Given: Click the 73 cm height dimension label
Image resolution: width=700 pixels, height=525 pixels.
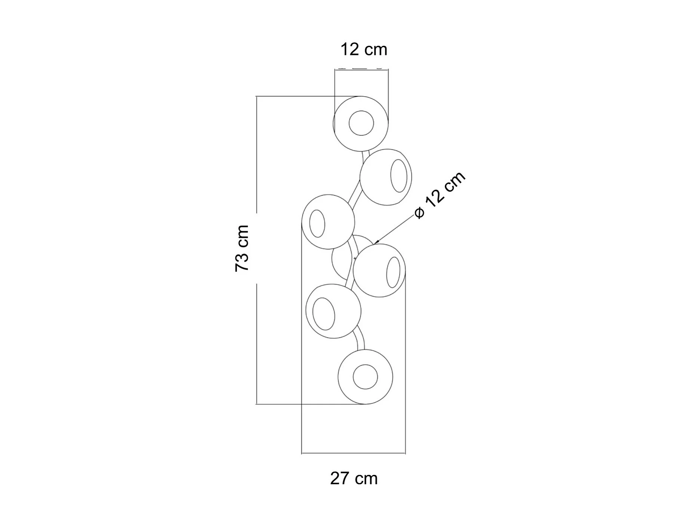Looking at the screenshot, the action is (242, 249).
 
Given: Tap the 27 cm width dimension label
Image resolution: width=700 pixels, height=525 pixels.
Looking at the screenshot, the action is (354, 479).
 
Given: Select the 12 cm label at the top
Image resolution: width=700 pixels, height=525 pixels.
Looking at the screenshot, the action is (364, 50).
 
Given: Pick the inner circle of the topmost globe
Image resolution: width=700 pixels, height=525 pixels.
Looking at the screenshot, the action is (361, 123).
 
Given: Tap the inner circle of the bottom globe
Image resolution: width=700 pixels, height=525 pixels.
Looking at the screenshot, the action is (365, 377).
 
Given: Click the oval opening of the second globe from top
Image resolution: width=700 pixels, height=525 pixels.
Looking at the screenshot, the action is (399, 176).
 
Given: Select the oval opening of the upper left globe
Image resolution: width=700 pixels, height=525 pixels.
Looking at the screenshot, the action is (317, 224).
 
